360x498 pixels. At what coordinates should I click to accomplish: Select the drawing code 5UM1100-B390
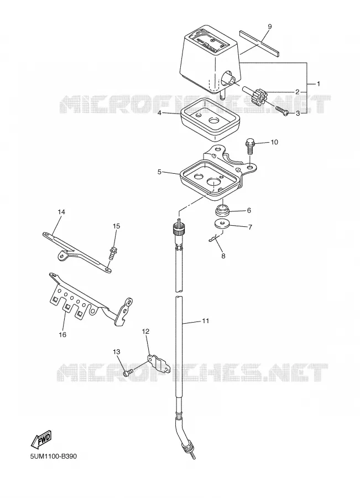[x=53, y=456]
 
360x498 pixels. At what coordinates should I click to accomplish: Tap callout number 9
[x=269, y=27]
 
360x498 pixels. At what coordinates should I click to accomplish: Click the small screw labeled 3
[x=282, y=110]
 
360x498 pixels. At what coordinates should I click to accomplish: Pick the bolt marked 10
[x=249, y=147]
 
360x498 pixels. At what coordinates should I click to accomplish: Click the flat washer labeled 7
[x=222, y=224]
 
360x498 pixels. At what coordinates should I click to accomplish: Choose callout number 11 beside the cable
[x=205, y=321]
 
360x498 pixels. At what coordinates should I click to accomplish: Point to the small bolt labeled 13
[x=128, y=372]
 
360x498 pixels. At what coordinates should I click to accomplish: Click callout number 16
[x=62, y=334]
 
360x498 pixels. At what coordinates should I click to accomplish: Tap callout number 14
[x=61, y=211]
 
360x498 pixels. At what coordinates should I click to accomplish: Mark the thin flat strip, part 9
[x=259, y=42]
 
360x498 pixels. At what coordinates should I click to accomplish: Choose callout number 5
[x=159, y=172]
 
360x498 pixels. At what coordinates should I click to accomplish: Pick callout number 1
[x=318, y=84]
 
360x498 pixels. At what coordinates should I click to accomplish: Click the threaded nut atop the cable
[x=177, y=228]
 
